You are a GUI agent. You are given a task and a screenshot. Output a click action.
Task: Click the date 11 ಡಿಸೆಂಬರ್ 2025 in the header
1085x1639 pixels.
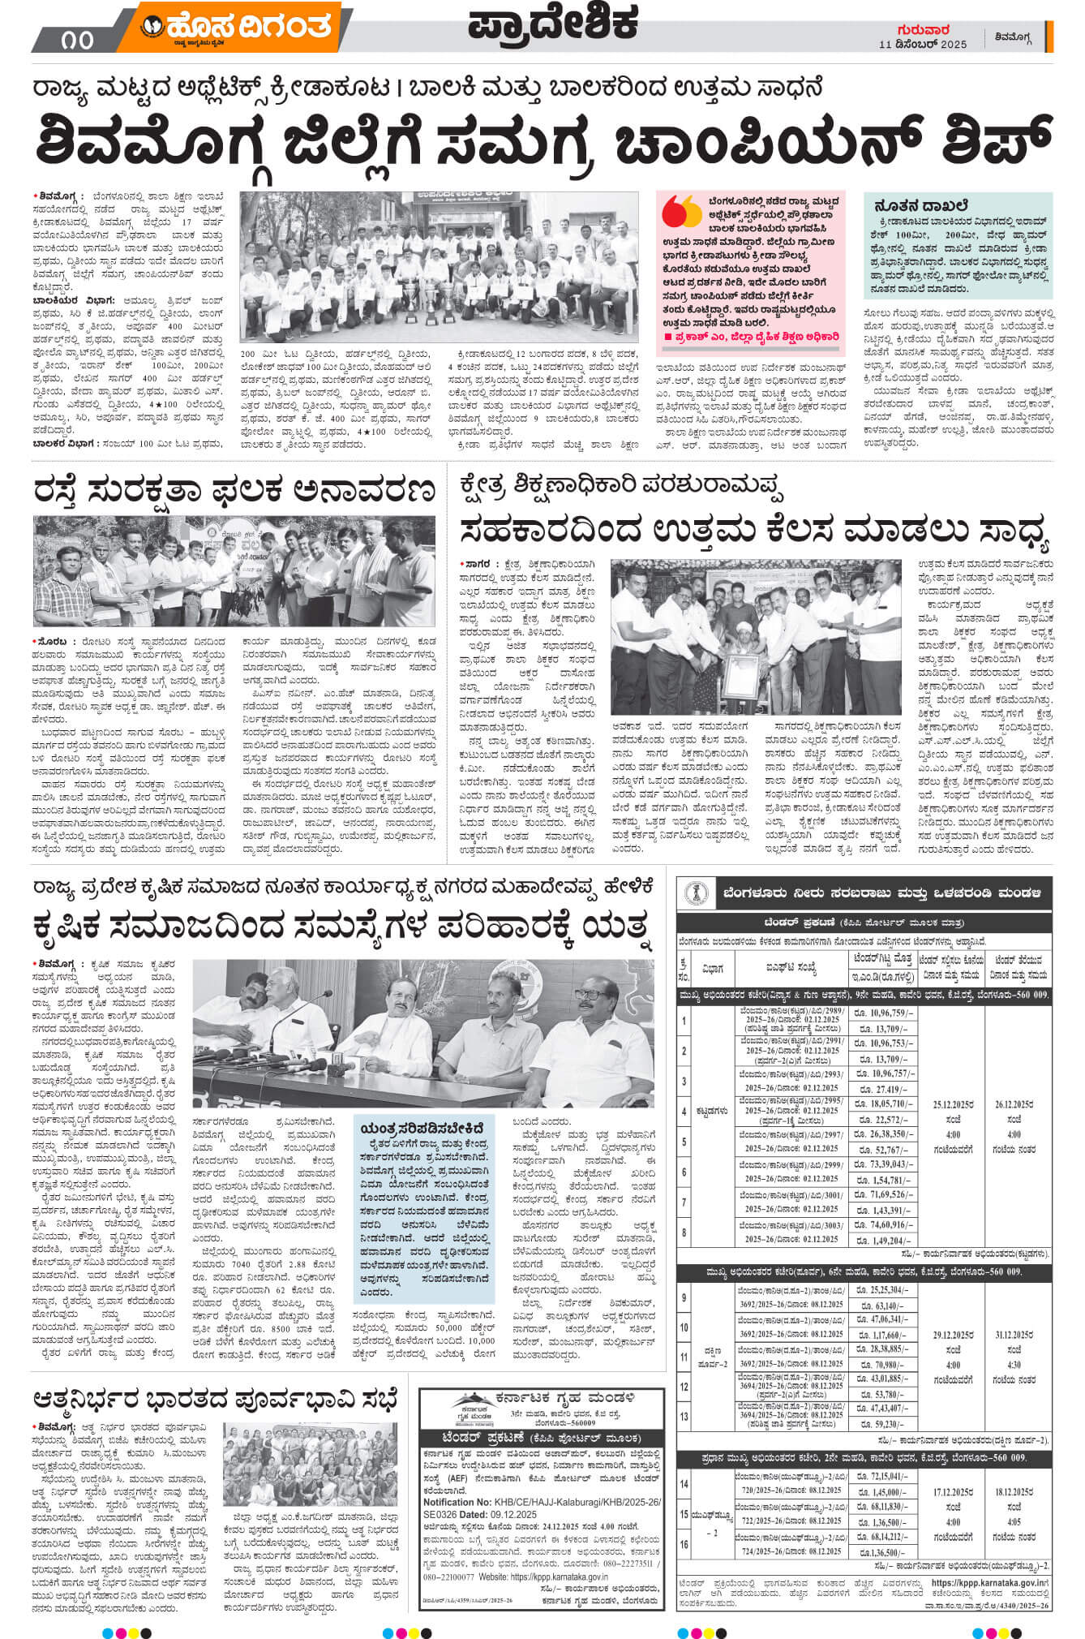tap(923, 45)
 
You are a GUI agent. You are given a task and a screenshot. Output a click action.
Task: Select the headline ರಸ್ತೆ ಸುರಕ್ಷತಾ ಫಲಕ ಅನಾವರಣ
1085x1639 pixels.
tap(235, 492)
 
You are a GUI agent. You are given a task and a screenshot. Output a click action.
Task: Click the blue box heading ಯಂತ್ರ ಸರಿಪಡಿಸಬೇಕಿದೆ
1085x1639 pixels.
tap(426, 1128)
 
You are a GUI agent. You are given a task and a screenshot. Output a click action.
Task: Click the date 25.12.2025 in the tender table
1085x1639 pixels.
tap(953, 1105)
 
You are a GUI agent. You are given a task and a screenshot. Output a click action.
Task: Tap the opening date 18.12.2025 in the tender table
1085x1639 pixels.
tap(1014, 1492)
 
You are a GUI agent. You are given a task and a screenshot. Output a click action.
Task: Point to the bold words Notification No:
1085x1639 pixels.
tap(459, 1503)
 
